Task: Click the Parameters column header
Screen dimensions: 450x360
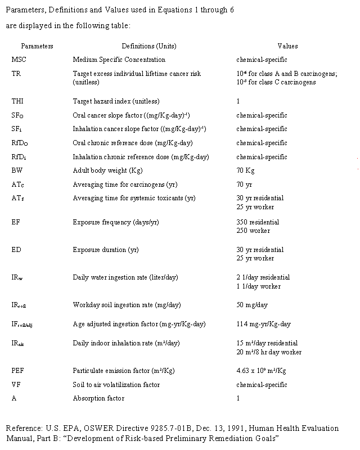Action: pos(37,46)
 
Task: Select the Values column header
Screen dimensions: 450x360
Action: pos(287,46)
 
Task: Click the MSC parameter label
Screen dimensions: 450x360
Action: pos(19,60)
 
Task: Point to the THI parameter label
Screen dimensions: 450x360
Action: pos(18,101)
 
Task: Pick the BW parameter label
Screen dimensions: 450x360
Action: pos(17,170)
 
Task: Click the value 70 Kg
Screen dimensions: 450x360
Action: pos(245,170)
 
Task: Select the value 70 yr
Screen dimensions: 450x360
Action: pos(244,184)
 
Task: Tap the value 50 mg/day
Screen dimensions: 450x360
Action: pos(252,305)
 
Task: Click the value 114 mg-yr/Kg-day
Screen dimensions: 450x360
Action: pos(264,324)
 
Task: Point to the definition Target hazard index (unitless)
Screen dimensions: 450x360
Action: pos(116,101)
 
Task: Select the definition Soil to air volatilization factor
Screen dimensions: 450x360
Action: pos(116,385)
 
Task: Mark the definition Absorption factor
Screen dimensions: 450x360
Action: pos(98,398)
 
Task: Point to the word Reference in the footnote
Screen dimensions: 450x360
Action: pos(23,429)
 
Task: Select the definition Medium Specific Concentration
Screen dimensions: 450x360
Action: pos(119,60)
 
